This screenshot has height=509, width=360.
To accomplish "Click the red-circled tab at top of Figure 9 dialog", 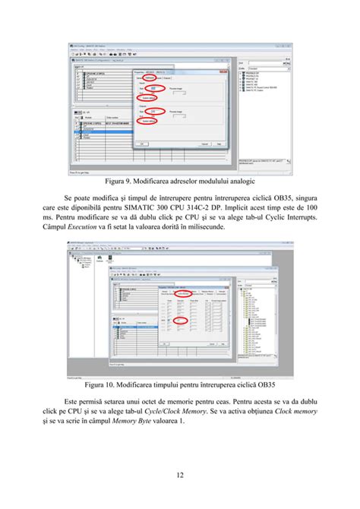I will coord(150,77).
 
